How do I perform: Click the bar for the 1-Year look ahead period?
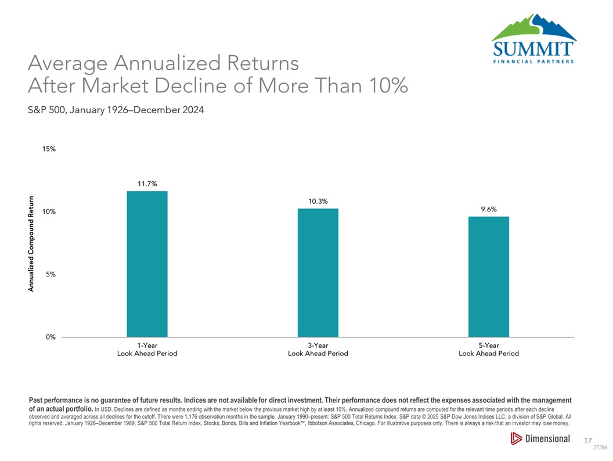click(x=147, y=264)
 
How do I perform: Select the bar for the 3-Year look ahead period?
click(x=318, y=272)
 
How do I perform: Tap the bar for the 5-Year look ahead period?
click(x=489, y=276)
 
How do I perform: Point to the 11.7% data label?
click(x=147, y=183)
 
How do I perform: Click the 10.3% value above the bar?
click(x=318, y=201)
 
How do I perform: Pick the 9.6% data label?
click(x=488, y=210)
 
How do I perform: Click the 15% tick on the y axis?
click(x=49, y=149)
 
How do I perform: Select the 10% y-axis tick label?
click(x=49, y=212)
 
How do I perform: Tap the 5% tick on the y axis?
click(x=51, y=274)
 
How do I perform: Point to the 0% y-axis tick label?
click(x=51, y=337)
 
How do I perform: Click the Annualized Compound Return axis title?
click(x=32, y=243)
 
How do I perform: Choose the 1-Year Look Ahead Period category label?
click(x=147, y=349)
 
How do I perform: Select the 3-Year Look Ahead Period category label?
click(x=318, y=349)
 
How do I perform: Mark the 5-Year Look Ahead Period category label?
click(x=489, y=349)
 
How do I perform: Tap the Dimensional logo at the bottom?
click(x=540, y=439)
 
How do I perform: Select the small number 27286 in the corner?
click(x=600, y=449)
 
